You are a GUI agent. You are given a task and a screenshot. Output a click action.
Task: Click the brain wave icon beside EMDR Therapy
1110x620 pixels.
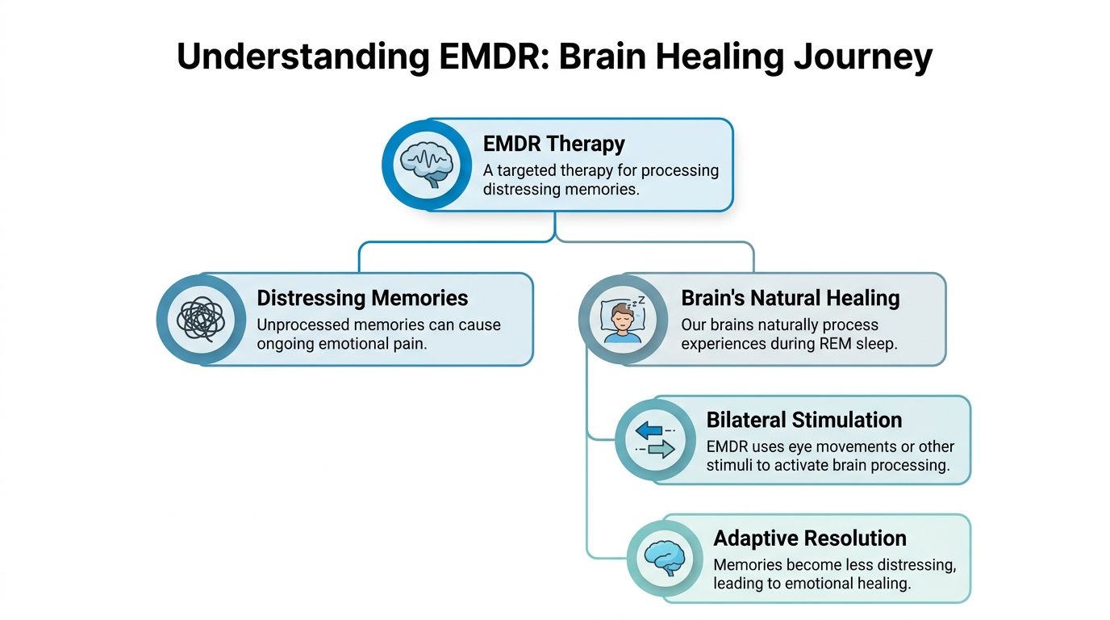427,164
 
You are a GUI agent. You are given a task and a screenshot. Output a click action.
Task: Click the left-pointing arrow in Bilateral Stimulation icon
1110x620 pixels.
650,431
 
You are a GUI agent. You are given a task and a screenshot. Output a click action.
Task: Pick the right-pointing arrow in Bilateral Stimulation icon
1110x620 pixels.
659,450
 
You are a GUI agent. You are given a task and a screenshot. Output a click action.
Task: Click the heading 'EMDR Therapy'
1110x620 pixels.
554,144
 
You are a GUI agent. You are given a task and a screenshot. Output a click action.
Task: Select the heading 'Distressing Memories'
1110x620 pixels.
362,298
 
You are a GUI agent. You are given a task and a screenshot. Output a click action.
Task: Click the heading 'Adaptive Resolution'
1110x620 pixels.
810,538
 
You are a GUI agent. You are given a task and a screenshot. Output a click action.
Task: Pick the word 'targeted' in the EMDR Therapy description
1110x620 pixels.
531,170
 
